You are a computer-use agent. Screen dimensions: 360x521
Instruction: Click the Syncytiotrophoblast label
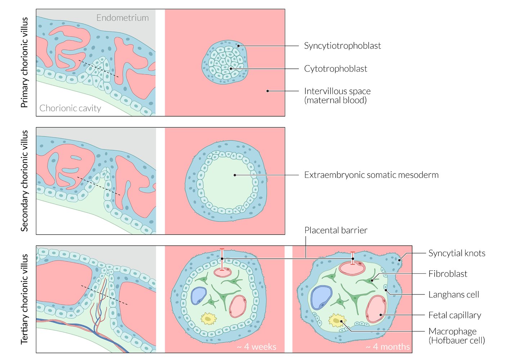tap(342, 46)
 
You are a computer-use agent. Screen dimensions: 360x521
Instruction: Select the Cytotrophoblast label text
tap(335, 69)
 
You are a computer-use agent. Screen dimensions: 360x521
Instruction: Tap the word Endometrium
tap(122, 18)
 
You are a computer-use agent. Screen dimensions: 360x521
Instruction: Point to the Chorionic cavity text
tap(70, 108)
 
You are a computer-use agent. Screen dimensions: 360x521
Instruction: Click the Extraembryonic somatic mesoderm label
tap(371, 175)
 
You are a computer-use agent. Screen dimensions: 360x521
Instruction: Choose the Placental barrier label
tap(336, 230)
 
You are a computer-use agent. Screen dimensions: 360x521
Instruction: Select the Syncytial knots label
tap(457, 253)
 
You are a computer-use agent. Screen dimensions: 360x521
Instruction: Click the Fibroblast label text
tap(448, 274)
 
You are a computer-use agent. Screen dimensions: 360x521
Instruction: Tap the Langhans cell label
tap(453, 295)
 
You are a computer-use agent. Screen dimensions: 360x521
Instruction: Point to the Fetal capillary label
tap(454, 315)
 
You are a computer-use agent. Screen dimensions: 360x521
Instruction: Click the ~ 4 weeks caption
tap(256, 347)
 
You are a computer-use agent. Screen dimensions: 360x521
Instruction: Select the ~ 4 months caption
tap(387, 347)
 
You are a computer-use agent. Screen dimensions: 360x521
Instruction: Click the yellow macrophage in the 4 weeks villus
tap(208, 319)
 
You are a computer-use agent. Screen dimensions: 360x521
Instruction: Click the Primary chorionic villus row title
tap(24, 62)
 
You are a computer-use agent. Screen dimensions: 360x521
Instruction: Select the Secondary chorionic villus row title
tap(24, 180)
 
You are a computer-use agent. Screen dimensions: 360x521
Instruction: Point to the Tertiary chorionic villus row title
tap(24, 299)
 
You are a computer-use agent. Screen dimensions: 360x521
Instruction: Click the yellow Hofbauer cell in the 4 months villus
tap(337, 320)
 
